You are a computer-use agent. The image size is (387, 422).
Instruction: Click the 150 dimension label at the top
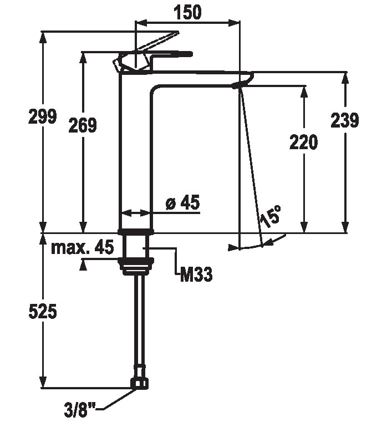pos(187,12)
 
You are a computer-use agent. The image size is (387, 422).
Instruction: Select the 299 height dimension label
pos(43,116)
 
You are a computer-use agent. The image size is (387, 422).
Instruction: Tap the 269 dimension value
pos(83,125)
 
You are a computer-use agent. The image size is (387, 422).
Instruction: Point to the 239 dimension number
pos(345,120)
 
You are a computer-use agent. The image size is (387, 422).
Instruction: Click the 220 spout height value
pos(304,142)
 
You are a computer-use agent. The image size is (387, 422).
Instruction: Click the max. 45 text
pos(83,247)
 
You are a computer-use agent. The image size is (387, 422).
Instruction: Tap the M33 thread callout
pos(196,274)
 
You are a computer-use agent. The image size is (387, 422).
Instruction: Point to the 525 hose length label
pos(43,312)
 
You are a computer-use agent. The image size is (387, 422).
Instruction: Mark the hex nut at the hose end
pos(140,383)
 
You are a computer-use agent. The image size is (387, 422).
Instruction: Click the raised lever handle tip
pos(177,33)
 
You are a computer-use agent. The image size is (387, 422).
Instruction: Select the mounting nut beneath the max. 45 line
pos(136,266)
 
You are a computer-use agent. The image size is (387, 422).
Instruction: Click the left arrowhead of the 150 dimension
pos(142,23)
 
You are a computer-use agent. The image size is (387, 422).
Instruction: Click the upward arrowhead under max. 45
pos(83,266)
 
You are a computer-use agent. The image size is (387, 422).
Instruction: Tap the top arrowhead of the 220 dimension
pos(304,92)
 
